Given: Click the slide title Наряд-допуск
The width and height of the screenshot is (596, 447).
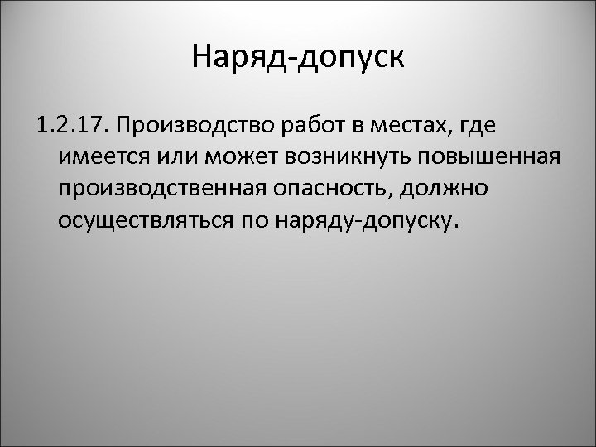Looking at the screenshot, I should (x=298, y=59).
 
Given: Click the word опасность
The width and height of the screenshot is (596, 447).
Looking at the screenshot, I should (x=330, y=190).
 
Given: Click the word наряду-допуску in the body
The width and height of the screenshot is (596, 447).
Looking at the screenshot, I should (x=364, y=221).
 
